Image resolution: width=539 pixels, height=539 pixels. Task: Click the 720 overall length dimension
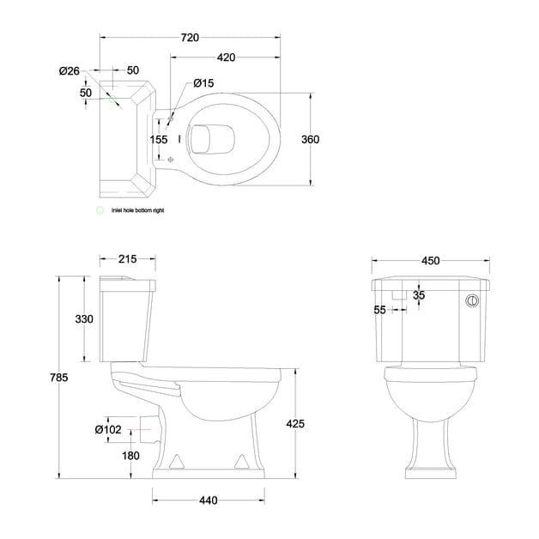190,38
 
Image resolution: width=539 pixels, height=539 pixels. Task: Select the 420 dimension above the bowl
226,58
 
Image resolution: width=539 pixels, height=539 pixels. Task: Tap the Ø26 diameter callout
70,70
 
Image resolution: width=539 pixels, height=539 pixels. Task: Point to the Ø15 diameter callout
203,83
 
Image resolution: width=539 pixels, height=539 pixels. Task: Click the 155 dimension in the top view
159,139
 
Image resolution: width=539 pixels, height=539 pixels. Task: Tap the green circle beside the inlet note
100,209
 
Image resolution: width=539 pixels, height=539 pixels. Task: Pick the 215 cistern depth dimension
127,259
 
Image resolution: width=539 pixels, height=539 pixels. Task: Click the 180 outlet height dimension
130,456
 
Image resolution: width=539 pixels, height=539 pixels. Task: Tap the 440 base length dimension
208,500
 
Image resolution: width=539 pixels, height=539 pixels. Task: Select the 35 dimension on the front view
419,295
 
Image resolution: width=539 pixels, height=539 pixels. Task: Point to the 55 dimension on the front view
380,311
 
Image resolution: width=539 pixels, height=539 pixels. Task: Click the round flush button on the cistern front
471,301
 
